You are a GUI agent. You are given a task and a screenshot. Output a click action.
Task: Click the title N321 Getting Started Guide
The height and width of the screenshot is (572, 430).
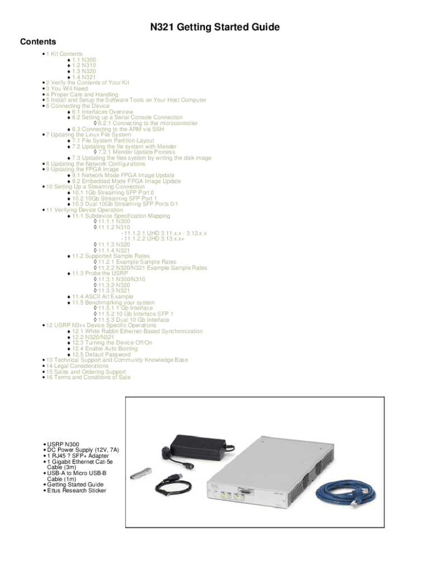pos(215,27)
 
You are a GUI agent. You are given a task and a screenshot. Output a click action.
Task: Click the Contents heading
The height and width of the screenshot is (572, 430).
pos(38,42)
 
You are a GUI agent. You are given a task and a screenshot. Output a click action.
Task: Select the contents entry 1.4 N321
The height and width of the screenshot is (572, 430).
pos(84,77)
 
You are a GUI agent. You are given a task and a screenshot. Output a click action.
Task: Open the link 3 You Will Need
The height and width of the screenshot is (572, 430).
pos(66,88)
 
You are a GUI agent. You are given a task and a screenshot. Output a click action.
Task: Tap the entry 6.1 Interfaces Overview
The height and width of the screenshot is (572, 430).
pos(102,112)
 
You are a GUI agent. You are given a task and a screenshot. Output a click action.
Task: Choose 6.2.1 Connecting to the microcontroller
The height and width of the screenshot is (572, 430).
pos(147,123)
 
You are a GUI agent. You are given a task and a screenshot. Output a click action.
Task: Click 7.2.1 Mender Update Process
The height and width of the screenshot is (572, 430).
pos(136,152)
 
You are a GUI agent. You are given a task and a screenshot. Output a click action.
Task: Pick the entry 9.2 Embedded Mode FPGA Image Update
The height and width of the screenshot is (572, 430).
pos(126,181)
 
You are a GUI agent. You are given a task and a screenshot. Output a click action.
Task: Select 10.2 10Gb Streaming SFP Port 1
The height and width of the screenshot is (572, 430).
pos(114,198)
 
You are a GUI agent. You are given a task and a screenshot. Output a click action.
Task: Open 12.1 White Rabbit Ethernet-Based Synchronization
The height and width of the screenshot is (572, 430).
pos(137,331)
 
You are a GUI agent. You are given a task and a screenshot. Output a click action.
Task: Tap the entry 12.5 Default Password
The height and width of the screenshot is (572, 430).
pos(101,354)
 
